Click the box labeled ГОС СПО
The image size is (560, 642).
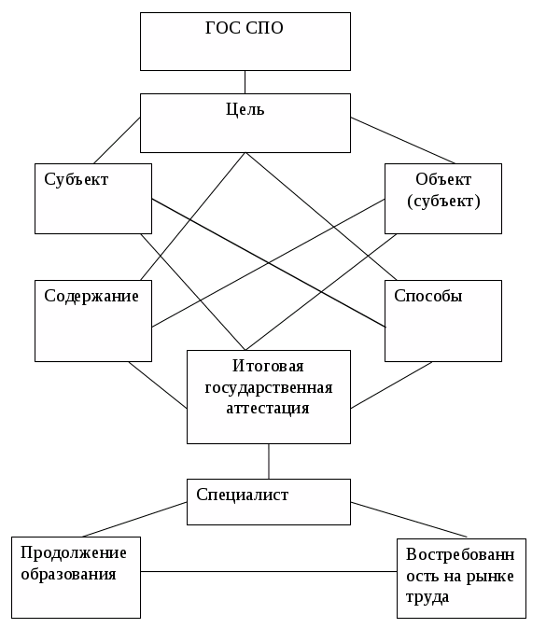[245, 41]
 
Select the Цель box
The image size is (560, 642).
[245, 122]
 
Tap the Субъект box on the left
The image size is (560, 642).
[93, 199]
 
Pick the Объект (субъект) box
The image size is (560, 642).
[443, 199]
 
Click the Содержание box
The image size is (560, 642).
[93, 320]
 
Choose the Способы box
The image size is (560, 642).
[443, 320]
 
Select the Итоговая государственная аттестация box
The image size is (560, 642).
[269, 397]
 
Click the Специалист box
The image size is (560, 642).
[269, 502]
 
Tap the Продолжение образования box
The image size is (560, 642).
[76, 577]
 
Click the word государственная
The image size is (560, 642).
[270, 387]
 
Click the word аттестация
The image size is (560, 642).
[270, 407]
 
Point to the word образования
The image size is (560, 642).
[69, 574]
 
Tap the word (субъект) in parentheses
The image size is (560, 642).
[444, 200]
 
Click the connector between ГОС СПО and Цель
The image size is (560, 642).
[245, 81]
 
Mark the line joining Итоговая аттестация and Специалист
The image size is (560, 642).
[269, 461]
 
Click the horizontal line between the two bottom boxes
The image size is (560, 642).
[269, 571]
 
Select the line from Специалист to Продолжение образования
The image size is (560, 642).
[135, 520]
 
